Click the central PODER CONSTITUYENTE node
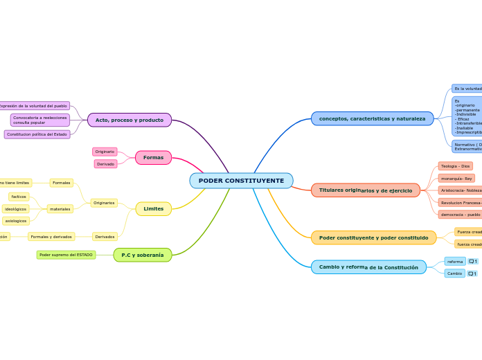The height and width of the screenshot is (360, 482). pos(241,181)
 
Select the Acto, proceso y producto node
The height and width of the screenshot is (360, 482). pos(130,120)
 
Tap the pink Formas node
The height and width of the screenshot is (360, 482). pos(153,157)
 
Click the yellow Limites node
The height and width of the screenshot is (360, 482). pos(153,208)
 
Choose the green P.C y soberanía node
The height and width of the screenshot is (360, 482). pos(143,255)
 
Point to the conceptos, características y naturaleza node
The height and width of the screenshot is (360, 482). pos(372,118)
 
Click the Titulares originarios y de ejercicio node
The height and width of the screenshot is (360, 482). pos(365,190)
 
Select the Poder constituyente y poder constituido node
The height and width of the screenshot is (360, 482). pos(373,237)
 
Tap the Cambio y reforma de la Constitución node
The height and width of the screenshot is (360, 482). pos(368,267)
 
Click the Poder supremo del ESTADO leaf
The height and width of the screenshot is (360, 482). pos(66,255)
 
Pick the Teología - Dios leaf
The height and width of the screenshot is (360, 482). pos(455,166)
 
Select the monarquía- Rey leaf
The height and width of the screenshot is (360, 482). pos(456,178)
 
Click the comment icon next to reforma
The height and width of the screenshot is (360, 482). pos(472,262)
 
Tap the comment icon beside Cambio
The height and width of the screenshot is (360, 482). pos(472,273)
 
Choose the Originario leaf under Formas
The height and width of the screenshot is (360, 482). pos(105,152)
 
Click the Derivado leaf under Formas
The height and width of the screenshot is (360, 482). pos(105,164)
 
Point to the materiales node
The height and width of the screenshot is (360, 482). pos(60,208)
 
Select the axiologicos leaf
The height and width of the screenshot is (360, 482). pos(15,221)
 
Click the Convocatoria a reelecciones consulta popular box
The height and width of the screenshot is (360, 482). pos(39,120)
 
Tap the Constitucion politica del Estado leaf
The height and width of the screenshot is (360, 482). pos(37,134)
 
